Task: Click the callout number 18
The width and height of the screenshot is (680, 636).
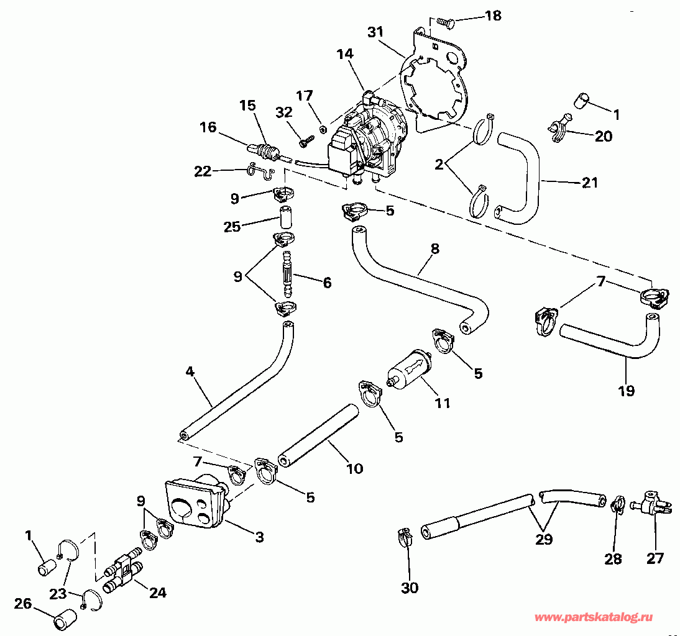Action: (493, 15)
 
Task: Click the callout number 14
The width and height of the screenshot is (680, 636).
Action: (345, 55)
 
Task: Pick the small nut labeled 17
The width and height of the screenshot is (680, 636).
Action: (323, 129)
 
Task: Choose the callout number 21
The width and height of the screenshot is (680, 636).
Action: (589, 182)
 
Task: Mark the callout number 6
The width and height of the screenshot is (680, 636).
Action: (326, 283)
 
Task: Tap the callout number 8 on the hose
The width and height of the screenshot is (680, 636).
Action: (434, 249)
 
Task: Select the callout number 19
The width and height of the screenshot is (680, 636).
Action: (626, 391)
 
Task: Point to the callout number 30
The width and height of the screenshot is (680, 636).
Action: (410, 587)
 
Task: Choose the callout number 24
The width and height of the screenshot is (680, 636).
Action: (158, 593)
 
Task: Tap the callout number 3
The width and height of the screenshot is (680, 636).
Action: (259, 537)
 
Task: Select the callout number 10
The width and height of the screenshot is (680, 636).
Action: (354, 468)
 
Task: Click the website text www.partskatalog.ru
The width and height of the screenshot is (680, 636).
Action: (602, 617)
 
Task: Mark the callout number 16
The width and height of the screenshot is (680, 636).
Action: (208, 127)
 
